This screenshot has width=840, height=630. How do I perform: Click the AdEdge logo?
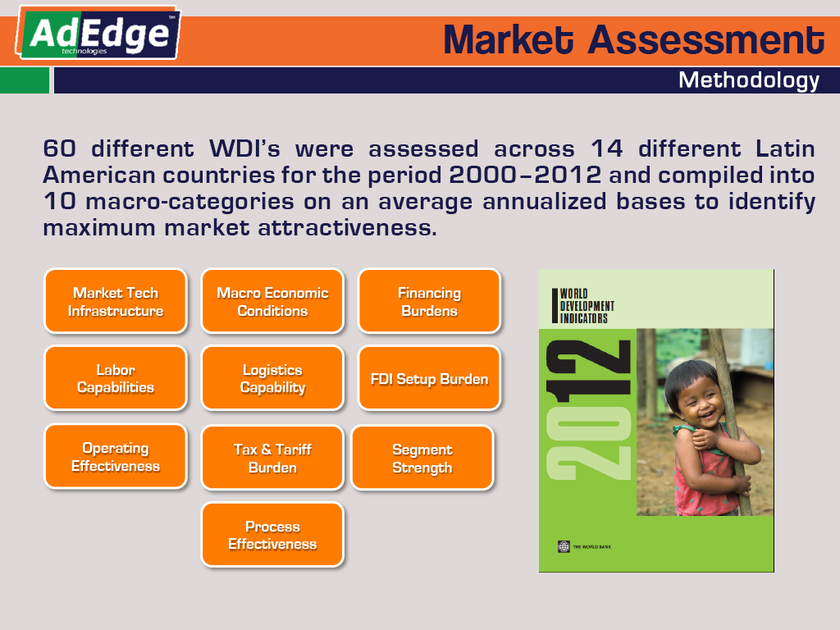click(x=98, y=33)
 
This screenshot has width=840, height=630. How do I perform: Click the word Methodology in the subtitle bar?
click(x=748, y=81)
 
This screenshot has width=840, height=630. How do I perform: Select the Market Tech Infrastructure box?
click(x=116, y=302)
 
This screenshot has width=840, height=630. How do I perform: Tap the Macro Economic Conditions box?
click(x=272, y=302)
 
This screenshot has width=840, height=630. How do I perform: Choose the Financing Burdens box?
click(x=429, y=302)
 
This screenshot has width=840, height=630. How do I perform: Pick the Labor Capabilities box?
click(x=116, y=378)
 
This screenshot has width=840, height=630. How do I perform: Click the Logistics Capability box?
click(x=272, y=378)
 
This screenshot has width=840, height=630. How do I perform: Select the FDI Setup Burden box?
click(x=429, y=378)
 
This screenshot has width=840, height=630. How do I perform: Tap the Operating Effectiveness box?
click(x=116, y=456)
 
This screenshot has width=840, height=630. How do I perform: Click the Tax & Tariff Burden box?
click(x=272, y=458)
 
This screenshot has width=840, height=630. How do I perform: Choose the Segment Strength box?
click(x=422, y=458)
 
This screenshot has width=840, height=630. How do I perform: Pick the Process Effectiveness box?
click(x=272, y=535)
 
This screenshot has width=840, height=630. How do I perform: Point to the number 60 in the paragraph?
click(x=59, y=148)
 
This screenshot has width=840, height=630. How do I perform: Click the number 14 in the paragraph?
click(x=606, y=148)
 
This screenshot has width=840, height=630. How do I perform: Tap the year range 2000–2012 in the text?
click(x=525, y=175)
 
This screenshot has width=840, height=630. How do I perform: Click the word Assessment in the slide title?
click(x=706, y=40)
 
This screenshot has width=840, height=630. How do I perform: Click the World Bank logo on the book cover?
click(x=564, y=546)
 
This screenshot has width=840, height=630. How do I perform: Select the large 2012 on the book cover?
click(x=589, y=410)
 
